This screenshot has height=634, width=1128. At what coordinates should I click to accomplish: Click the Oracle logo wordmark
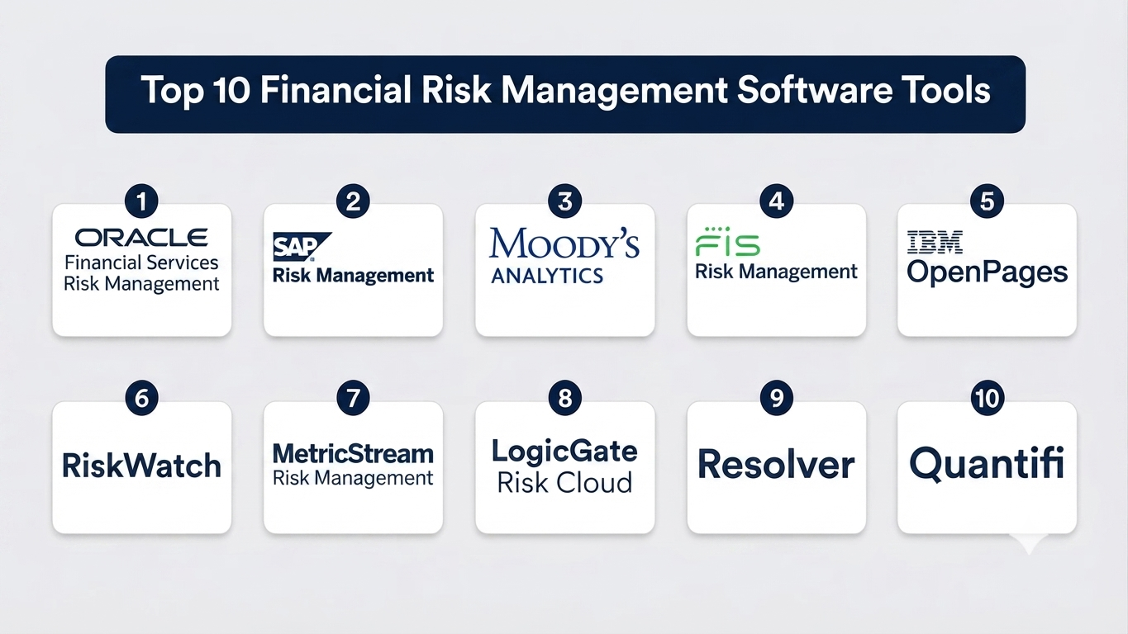pyautogui.click(x=141, y=238)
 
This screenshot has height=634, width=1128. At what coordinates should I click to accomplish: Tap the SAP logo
pyautogui.click(x=302, y=247)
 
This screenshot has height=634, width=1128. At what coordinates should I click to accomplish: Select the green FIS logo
pyautogui.click(x=728, y=242)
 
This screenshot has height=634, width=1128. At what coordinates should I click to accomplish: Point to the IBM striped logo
pyautogui.click(x=935, y=242)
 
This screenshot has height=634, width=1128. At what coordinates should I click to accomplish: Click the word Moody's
pyautogui.click(x=564, y=244)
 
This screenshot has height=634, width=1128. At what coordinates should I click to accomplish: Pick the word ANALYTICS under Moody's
pyautogui.click(x=547, y=276)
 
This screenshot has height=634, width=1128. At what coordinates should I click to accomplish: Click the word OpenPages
pyautogui.click(x=987, y=273)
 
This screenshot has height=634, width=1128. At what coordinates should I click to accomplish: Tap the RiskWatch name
pyautogui.click(x=141, y=466)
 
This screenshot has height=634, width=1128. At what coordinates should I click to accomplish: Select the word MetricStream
pyautogui.click(x=353, y=453)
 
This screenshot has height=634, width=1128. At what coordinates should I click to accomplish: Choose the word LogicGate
pyautogui.click(x=564, y=452)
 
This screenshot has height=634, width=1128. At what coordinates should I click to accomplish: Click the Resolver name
pyautogui.click(x=776, y=465)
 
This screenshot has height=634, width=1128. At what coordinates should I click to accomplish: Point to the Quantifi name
pyautogui.click(x=987, y=465)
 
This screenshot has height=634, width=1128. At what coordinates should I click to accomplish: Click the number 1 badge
pyautogui.click(x=141, y=201)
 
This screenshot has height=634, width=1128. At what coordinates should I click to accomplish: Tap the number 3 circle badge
pyautogui.click(x=565, y=201)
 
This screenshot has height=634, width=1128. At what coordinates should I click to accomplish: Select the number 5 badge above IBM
pyautogui.click(x=987, y=201)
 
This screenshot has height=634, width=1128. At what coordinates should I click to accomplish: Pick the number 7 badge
pyautogui.click(x=353, y=398)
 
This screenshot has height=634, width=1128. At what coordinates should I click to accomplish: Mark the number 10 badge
pyautogui.click(x=987, y=398)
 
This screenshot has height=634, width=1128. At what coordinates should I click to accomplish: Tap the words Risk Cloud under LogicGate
pyautogui.click(x=564, y=483)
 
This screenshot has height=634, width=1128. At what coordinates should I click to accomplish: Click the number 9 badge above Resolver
pyautogui.click(x=777, y=398)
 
